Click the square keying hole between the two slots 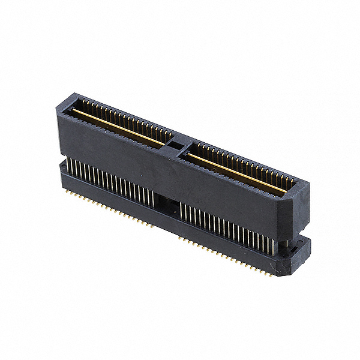pyautogui.click(x=174, y=145)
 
